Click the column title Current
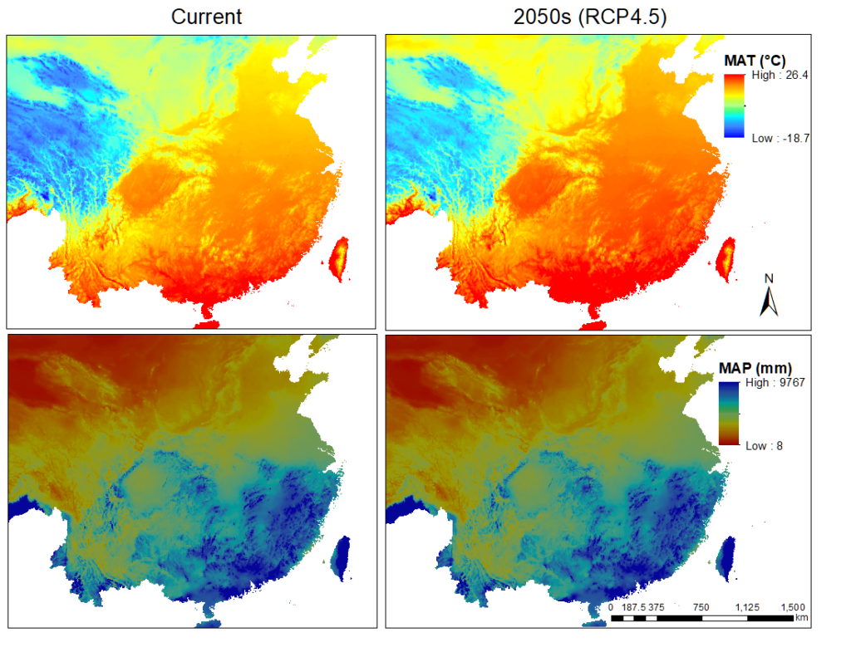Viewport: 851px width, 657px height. (206, 17)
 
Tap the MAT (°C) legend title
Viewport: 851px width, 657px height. (755, 60)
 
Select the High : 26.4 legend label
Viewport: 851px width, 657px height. (778, 76)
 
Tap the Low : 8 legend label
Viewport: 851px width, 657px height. (765, 445)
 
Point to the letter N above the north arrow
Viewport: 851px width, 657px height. (769, 278)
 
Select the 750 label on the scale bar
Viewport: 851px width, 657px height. (700, 607)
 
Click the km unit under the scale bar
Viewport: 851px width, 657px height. (801, 618)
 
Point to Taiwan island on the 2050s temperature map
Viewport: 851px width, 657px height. (726, 257)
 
